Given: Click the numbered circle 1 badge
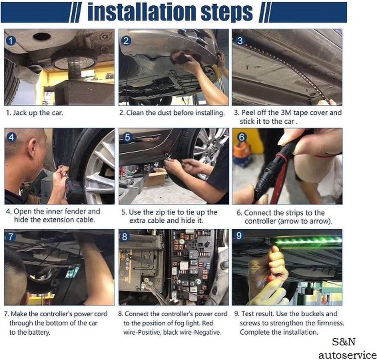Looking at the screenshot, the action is [x=11, y=41].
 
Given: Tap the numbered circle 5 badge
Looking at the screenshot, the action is [x=127, y=137].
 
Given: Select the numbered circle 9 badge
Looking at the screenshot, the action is [x=239, y=236].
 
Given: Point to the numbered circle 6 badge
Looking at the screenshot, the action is [x=241, y=137].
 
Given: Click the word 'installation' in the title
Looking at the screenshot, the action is [x=141, y=12].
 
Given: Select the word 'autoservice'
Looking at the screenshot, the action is [x=347, y=355].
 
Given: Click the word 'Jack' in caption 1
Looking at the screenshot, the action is [x=20, y=113].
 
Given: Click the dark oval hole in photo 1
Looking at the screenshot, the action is [x=42, y=36].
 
